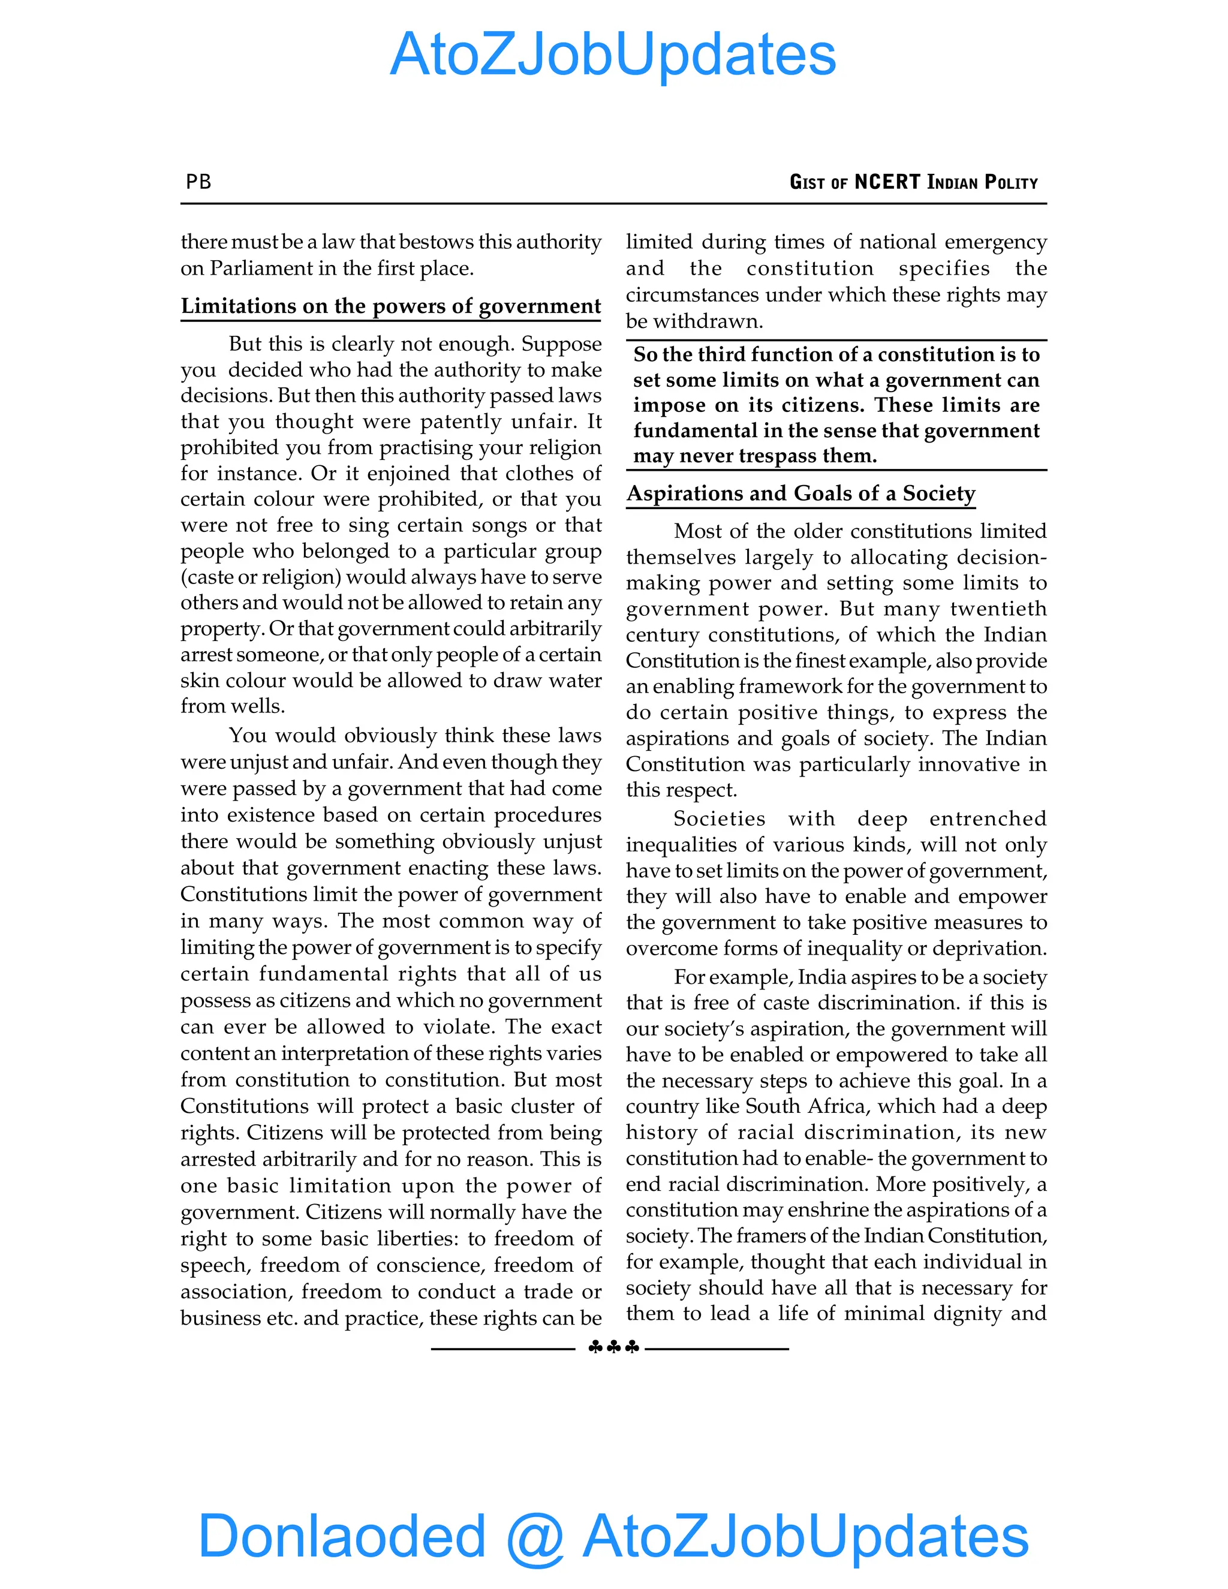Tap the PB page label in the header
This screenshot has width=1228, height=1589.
coord(198,181)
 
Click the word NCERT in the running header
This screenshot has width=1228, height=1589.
coord(887,181)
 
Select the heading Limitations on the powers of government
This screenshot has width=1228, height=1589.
coord(391,306)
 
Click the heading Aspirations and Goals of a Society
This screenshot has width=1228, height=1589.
coord(800,493)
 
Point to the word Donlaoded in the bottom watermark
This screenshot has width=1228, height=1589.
coord(342,1535)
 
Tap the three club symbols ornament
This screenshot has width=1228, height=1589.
coord(613,1347)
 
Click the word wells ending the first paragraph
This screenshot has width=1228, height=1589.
coord(260,706)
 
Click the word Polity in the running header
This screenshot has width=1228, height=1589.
coord(1010,181)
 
